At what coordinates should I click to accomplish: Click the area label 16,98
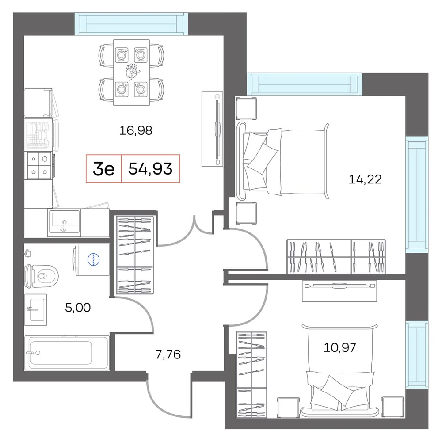point(136,130)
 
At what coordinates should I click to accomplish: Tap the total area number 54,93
point(150,168)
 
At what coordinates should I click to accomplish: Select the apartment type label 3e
point(104,169)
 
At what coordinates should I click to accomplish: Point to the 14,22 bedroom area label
point(365,179)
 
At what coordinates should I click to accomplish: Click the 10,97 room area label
point(339,347)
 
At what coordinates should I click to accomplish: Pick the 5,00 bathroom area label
point(78,308)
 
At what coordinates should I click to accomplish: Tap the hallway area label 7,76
point(168,354)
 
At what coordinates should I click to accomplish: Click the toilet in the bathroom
point(42,276)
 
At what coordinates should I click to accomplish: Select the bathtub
point(67,353)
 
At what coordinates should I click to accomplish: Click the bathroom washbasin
point(35,310)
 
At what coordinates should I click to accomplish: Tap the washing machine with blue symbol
point(91,259)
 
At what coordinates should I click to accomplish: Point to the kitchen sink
point(64,222)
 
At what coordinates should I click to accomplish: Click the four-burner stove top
point(39,165)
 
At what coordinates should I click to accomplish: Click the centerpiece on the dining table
point(132,72)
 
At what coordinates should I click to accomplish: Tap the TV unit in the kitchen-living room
point(212,129)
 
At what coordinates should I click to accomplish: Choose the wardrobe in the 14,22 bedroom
point(336,256)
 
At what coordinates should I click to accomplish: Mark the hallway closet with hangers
point(135,255)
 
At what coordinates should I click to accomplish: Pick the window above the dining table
point(131,24)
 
